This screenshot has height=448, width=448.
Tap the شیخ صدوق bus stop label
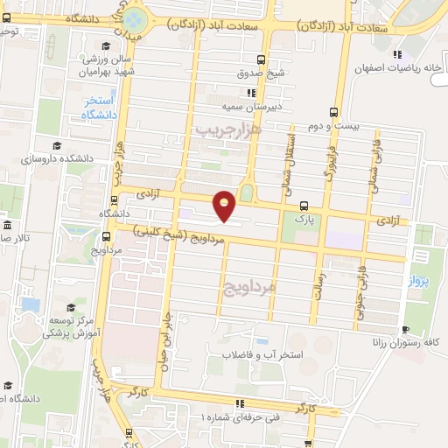pyautogui.click(x=262, y=73)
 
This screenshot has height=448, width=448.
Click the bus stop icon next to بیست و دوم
pyautogui.click(x=333, y=112)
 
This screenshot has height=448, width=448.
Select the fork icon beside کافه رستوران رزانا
pyautogui.click(x=404, y=330)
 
